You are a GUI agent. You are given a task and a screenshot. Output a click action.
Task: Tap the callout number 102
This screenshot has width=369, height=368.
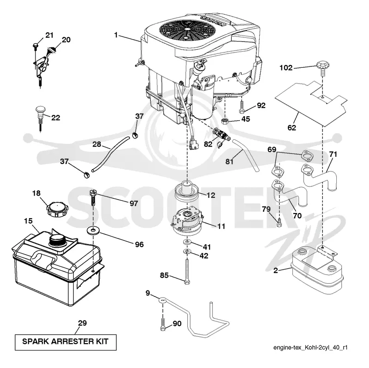click(286, 68)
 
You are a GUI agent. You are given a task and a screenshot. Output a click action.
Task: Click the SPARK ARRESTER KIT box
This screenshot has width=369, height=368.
click(65, 342)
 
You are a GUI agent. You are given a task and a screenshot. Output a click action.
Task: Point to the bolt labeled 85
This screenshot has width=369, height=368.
click(187, 271)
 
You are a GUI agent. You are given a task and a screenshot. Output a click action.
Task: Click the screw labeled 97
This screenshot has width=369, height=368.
click(93, 198)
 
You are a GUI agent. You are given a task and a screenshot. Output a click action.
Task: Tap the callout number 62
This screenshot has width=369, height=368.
click(292, 128)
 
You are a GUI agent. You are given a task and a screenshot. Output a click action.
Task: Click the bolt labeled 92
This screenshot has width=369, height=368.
click(242, 107)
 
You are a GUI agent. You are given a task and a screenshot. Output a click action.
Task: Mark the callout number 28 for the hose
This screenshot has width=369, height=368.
click(97, 144)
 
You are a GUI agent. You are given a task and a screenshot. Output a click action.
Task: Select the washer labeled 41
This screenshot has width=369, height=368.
click(187, 242)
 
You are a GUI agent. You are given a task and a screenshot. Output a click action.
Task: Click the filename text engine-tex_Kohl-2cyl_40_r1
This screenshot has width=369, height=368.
click(310, 348)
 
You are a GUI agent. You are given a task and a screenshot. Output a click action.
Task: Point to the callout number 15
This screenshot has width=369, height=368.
click(28, 221)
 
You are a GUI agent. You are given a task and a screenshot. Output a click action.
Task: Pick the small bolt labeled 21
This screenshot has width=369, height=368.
click(36, 47)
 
